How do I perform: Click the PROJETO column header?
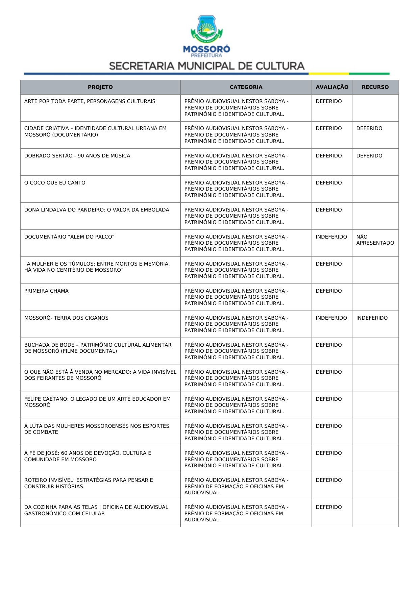point(100,87)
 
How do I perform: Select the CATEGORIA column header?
point(246,87)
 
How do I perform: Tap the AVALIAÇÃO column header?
point(332,87)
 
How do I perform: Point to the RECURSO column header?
point(375,87)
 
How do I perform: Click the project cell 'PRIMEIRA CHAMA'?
point(46,291)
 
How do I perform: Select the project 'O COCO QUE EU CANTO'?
point(55,183)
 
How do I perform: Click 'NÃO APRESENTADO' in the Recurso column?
point(375,240)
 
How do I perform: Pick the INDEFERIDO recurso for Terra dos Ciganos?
point(372,318)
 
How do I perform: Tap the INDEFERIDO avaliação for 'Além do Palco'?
point(331,237)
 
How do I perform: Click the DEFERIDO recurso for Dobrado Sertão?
point(369,156)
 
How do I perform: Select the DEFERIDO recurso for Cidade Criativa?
point(369,128)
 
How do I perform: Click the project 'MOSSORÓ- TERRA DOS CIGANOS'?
point(66,318)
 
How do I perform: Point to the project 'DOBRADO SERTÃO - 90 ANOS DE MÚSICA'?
point(77,156)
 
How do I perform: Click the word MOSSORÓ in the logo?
point(206,49)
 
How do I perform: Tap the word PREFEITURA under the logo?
point(206,55)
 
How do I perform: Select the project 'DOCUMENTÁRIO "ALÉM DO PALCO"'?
point(69,237)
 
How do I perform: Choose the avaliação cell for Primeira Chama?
point(328,291)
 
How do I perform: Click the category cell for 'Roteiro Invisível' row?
point(236,486)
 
